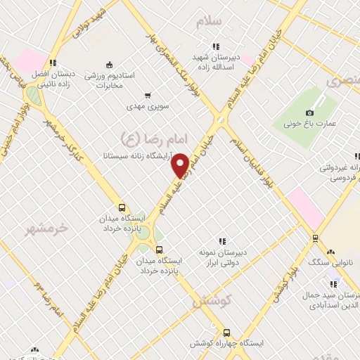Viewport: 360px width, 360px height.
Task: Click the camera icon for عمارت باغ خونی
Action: pyautogui.click(x=309, y=112)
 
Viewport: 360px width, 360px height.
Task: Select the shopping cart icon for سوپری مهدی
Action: pyautogui.click(x=147, y=95)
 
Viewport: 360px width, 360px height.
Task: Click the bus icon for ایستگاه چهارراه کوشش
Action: pyautogui.click(x=226, y=333)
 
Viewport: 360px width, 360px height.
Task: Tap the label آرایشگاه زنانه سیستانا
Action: pyautogui.click(x=140, y=153)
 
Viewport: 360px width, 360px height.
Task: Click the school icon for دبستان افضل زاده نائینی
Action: pyautogui.click(x=53, y=61)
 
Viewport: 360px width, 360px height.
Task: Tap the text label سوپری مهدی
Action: pyautogui.click(x=145, y=107)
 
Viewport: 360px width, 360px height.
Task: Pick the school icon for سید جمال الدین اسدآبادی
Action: pyautogui.click(x=333, y=284)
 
